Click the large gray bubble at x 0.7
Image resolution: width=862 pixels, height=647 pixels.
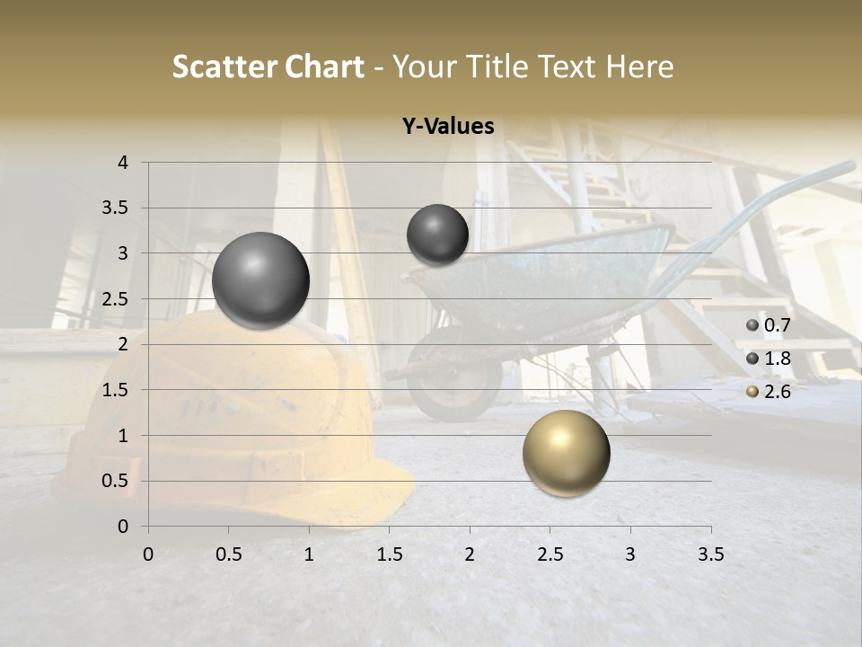(x=260, y=280)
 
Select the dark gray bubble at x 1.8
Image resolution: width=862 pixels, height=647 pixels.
(x=437, y=235)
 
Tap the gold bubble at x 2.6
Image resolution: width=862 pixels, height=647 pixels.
(x=566, y=453)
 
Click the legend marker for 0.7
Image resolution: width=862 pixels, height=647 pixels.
(x=752, y=324)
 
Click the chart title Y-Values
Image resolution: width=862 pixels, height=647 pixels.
(x=448, y=127)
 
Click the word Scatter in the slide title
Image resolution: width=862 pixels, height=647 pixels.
(x=224, y=66)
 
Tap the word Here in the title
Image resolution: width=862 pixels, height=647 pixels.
(x=639, y=66)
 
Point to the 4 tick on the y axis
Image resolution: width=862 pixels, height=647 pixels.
(x=124, y=163)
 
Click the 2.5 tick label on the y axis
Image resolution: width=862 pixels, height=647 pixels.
(x=116, y=299)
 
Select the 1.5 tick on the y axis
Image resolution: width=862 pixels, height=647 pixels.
(x=116, y=390)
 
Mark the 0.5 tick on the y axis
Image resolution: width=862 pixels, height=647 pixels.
(x=116, y=481)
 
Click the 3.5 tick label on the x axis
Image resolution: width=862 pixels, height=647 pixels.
(x=710, y=554)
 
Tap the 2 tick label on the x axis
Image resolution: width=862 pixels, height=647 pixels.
(x=470, y=554)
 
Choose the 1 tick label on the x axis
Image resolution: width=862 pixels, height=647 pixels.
(x=309, y=554)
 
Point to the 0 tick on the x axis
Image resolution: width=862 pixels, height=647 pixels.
(x=148, y=554)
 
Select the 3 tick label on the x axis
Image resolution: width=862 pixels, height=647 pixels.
(x=630, y=554)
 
